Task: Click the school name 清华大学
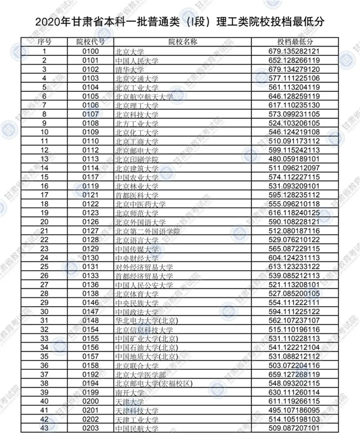tap(128, 69)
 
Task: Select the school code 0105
tap(90, 96)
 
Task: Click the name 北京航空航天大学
tap(143, 96)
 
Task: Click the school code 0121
tap(90, 195)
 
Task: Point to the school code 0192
tap(90, 374)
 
